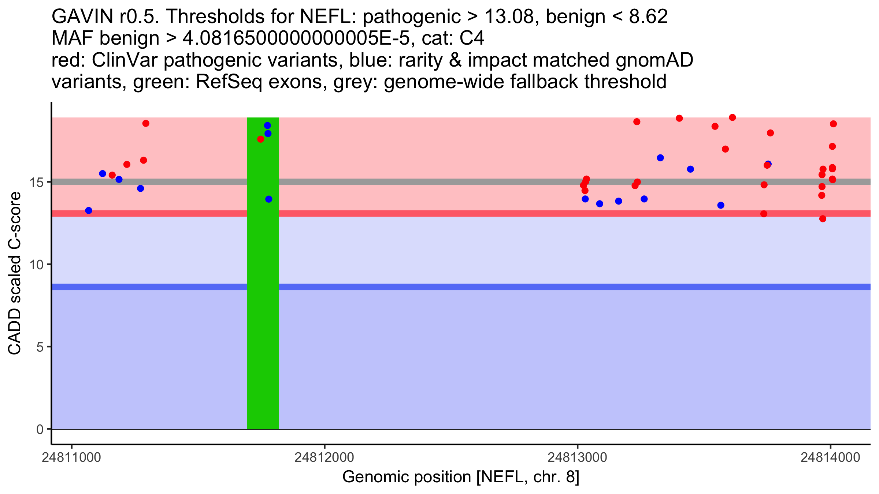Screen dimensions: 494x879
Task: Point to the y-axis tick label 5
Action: pyautogui.click(x=40, y=347)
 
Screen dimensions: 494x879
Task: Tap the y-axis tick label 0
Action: pyautogui.click(x=40, y=429)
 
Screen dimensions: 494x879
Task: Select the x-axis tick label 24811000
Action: pyautogui.click(x=71, y=457)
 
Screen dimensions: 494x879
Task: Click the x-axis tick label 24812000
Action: pyautogui.click(x=324, y=457)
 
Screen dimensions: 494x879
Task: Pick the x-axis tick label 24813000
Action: pyautogui.click(x=578, y=457)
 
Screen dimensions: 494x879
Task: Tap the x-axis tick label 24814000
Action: pyautogui.click(x=830, y=457)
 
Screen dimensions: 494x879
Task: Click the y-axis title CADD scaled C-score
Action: pyautogui.click(x=15, y=273)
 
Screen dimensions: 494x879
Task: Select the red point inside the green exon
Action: pyautogui.click(x=261, y=139)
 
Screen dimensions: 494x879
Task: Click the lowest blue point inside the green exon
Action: pyautogui.click(x=269, y=199)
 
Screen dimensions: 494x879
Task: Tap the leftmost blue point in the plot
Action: pyautogui.click(x=89, y=210)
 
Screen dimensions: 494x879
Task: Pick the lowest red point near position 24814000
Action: pyautogui.click(x=823, y=219)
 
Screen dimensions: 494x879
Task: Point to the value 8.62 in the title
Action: pyautogui.click(x=648, y=17)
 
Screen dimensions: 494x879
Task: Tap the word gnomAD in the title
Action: pyautogui.click(x=654, y=60)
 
